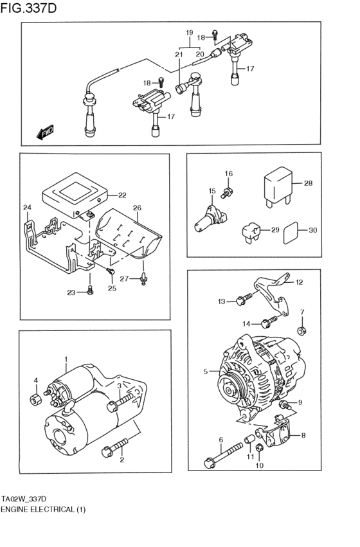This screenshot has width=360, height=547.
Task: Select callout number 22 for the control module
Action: [x=122, y=195]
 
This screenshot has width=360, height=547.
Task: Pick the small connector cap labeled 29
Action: [x=251, y=231]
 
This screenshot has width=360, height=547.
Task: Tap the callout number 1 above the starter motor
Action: [x=65, y=359]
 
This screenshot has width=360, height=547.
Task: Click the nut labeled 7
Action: [x=302, y=331]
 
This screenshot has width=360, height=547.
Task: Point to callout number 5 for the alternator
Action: [x=206, y=372]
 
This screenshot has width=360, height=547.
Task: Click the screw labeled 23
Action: [x=90, y=292]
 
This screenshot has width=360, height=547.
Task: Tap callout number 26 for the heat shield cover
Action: [x=136, y=208]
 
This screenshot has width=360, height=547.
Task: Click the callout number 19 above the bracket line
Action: [x=189, y=33]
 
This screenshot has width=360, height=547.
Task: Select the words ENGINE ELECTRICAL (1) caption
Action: [x=43, y=509]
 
